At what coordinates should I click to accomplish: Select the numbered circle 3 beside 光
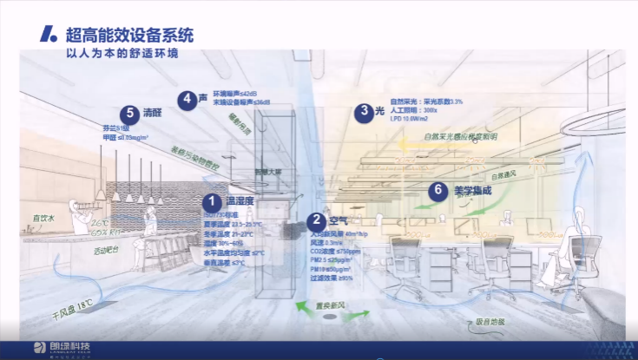click(363, 111)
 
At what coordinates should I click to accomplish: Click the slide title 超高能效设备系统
click(130, 36)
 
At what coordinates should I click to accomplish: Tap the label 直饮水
click(44, 218)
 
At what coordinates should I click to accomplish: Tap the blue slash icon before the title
click(49, 36)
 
